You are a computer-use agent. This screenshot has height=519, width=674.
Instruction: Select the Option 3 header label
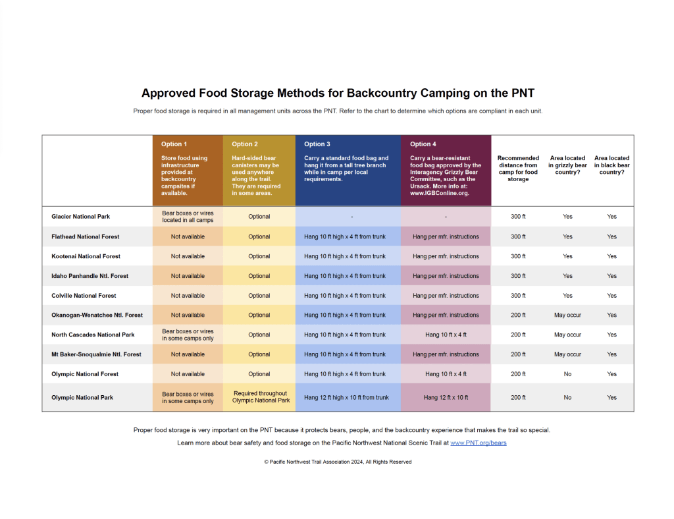pyautogui.click(x=317, y=144)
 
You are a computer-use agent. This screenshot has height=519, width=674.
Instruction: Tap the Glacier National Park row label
pyautogui.click(x=80, y=217)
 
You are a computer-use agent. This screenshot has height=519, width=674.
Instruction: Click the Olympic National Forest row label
pyautogui.click(x=85, y=374)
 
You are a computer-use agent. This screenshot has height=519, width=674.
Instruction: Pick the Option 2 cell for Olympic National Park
pyautogui.click(x=259, y=397)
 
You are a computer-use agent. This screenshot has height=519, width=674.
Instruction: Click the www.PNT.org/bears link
pyautogui.click(x=478, y=443)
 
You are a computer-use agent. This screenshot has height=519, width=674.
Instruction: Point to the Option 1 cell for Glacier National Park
pyautogui.click(x=188, y=217)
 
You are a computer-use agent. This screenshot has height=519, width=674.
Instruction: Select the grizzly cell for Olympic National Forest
pyautogui.click(x=567, y=374)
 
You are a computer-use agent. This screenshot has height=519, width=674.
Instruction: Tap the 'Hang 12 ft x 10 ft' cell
pyautogui.click(x=446, y=398)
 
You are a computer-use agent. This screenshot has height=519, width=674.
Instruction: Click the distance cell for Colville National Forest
pyautogui.click(x=518, y=296)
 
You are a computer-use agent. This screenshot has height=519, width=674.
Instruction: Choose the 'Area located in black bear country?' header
pyautogui.click(x=611, y=165)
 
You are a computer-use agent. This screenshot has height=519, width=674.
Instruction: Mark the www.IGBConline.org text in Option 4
pyautogui.click(x=440, y=194)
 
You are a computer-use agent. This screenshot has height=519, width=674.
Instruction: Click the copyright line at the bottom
pyautogui.click(x=338, y=462)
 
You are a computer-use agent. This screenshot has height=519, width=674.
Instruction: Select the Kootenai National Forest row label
pyautogui.click(x=86, y=256)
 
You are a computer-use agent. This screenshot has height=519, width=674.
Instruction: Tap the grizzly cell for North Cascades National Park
pyautogui.click(x=567, y=335)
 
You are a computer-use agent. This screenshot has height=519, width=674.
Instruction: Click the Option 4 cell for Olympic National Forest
pyautogui.click(x=446, y=374)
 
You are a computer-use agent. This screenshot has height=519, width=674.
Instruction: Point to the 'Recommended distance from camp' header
pyautogui.click(x=518, y=169)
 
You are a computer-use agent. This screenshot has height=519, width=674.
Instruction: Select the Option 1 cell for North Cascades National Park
pyautogui.click(x=188, y=335)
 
